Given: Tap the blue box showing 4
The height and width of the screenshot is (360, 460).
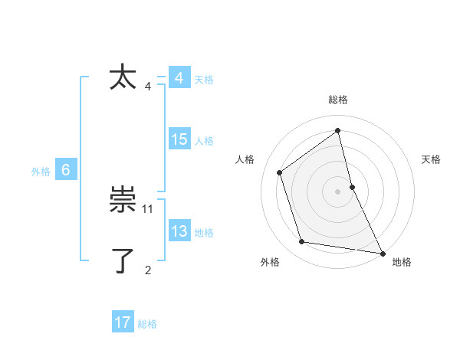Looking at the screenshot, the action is (179, 78).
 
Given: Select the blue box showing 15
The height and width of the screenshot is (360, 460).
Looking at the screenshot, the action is (179, 139).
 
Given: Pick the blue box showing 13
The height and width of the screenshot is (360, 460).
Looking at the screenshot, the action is (179, 231).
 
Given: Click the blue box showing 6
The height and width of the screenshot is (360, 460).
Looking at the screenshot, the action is (66, 170).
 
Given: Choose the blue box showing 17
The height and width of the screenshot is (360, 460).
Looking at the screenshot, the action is (123, 322).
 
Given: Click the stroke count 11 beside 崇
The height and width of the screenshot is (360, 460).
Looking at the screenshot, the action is (148, 208).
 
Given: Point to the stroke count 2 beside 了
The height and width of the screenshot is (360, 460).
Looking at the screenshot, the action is (148, 270).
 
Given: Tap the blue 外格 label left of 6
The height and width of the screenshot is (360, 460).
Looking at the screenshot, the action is (41, 172).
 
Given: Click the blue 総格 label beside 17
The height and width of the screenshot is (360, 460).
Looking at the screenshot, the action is (147, 324).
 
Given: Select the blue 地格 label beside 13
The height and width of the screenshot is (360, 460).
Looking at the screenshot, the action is (204, 233).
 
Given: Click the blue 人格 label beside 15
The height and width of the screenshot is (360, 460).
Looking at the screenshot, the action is (204, 141).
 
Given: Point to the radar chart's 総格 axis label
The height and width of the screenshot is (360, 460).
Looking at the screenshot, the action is (338, 100).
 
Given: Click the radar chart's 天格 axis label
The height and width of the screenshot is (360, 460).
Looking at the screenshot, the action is (431, 159).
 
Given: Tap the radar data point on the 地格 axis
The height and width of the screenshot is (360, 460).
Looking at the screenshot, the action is (381, 252).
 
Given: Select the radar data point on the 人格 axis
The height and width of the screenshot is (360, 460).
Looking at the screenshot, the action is (280, 172).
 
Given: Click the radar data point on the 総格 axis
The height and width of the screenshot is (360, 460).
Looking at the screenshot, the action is (338, 131).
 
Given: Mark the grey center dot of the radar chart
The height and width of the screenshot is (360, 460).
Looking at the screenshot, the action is (338, 191).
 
